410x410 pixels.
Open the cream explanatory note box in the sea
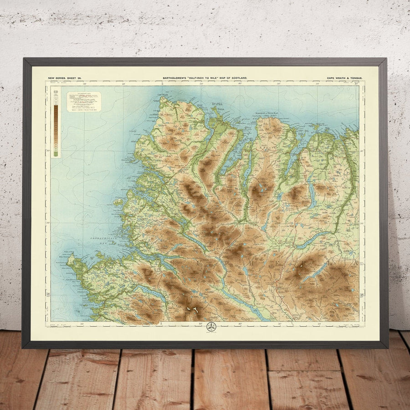[x=84, y=102]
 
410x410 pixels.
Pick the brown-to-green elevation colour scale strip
[x=56, y=122]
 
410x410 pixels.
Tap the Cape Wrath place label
[x=163, y=95]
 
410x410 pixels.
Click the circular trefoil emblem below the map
[x=211, y=327]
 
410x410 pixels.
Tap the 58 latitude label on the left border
[x=47, y=295]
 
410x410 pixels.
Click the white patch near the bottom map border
[x=192, y=311]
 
